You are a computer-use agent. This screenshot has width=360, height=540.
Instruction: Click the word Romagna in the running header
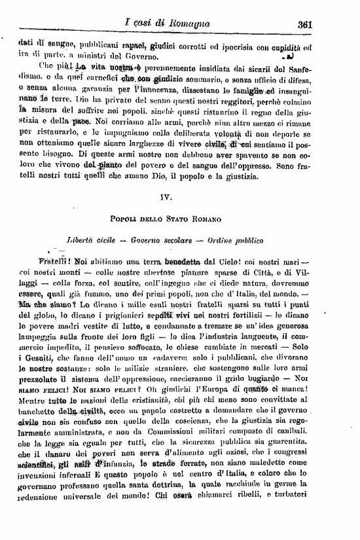coord(186,24)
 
